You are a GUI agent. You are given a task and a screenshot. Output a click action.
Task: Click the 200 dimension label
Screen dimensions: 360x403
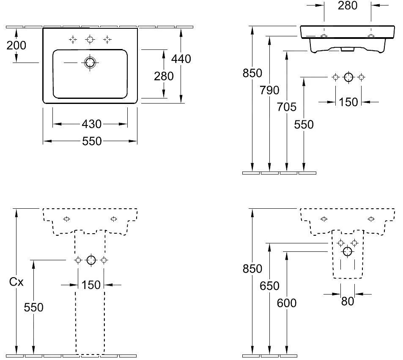16,45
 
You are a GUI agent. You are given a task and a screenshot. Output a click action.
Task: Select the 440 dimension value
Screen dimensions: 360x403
181,59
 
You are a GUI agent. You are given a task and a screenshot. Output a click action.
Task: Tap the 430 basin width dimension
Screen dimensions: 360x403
91,124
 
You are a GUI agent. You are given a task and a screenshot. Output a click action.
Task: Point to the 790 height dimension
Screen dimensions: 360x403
270,90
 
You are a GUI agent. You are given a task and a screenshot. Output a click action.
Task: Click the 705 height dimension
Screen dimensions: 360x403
287,107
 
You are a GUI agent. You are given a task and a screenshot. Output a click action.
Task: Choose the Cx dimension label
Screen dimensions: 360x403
16,282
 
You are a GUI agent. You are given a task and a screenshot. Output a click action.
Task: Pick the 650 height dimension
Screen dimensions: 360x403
270,286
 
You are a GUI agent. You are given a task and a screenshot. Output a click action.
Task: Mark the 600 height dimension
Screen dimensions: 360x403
287,303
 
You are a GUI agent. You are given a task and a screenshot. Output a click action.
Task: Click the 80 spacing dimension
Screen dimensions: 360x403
348,301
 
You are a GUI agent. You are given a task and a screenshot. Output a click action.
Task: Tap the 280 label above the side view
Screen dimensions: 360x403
348,5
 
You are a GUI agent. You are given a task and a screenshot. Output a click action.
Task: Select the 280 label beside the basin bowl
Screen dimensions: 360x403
164,76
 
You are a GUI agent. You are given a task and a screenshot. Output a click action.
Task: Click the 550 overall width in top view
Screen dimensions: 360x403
91,141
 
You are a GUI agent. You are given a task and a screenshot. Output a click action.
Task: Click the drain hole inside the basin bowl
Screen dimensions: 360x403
90,63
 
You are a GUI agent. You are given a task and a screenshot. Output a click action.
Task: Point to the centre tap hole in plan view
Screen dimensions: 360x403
90,40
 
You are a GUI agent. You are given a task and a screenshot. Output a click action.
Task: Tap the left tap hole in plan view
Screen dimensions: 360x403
73,40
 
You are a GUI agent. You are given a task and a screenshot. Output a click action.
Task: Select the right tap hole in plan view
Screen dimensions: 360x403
107,40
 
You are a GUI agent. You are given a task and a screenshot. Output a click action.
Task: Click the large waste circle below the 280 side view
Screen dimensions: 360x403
348,77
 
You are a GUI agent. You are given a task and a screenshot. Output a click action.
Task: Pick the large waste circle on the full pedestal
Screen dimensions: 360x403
91,260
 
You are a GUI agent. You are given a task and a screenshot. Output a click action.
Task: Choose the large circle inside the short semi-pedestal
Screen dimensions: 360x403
348,252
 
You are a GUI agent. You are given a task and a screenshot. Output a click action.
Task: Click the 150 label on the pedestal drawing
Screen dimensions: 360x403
91,285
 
